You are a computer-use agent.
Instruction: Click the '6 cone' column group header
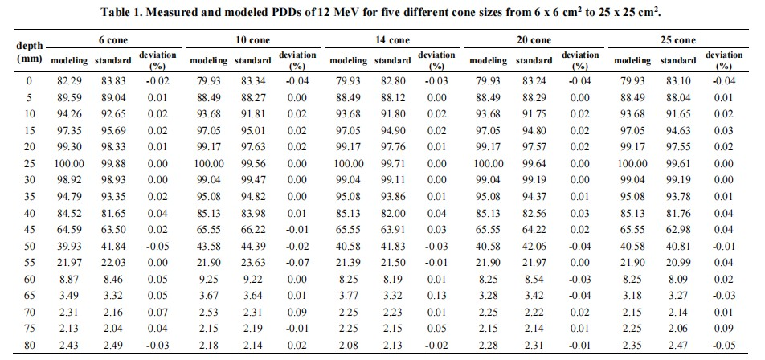pos(102,39)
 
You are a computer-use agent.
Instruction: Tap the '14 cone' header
pos(391,39)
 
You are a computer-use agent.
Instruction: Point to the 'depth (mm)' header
pos(29,53)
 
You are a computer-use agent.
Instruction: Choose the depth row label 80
pos(30,345)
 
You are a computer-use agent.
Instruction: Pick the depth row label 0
pos(30,80)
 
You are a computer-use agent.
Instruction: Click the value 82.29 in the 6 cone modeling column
pos(69,80)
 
